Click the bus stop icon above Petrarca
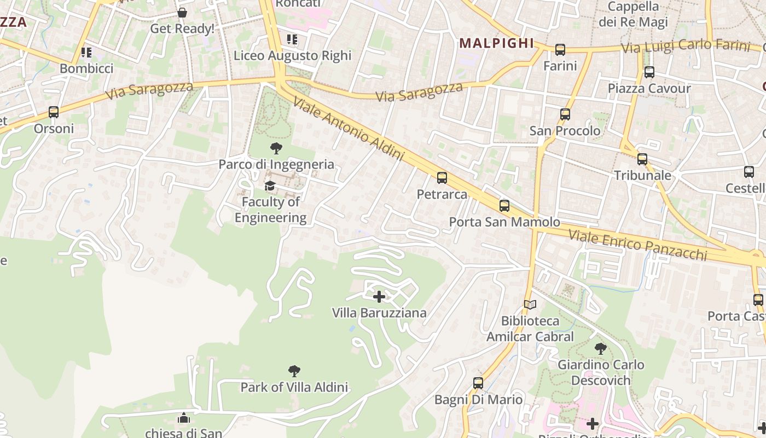pos(442,178)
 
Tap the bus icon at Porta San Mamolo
pos(504,206)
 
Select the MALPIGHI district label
pos(496,43)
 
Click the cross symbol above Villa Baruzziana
pos(379,297)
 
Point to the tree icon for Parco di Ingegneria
pos(276,148)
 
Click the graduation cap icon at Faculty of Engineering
pos(270,186)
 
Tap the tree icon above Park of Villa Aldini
pos(294,371)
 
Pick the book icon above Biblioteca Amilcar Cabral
pos(530,304)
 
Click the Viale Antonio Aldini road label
pos(348,129)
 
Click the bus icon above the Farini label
pos(560,50)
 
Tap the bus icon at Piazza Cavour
pos(649,72)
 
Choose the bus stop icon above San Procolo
pos(565,114)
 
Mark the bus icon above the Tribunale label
pos(642,159)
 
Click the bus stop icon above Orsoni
pos(53,112)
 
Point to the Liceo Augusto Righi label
pos(292,55)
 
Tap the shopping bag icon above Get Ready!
pos(182,13)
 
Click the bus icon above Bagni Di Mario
pos(478,383)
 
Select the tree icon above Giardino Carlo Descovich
pos(600,348)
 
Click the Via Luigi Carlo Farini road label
pos(685,46)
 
